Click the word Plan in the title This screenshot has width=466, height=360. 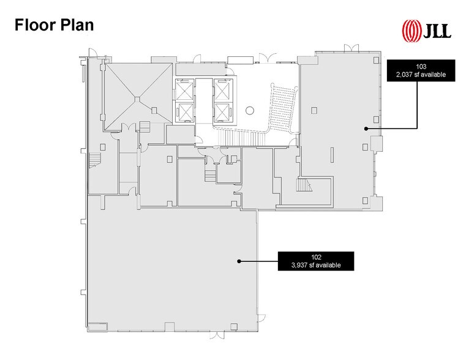pos(77,26)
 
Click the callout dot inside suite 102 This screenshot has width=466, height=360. pos(238,261)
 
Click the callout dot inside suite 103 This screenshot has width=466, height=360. pos(366,128)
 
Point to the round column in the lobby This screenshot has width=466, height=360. pos(249,111)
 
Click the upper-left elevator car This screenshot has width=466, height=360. pos(184,90)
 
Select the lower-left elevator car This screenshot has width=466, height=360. pos(184,111)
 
